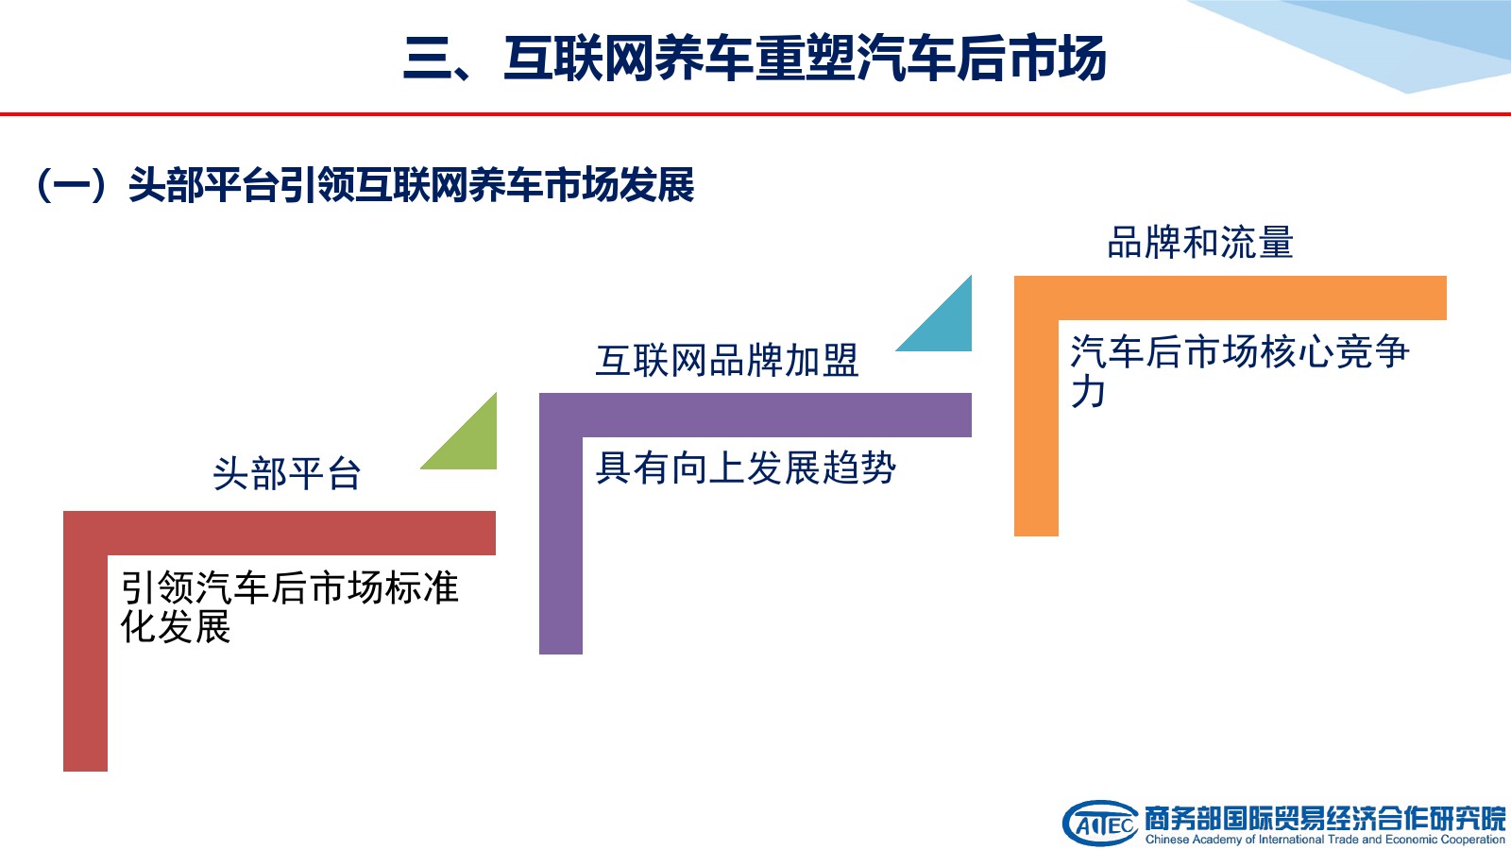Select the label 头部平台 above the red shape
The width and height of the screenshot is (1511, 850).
tap(287, 473)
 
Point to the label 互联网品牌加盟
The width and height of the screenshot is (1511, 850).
tap(727, 360)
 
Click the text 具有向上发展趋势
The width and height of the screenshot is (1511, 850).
tap(745, 467)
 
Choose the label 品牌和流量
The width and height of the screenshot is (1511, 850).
tap(1200, 243)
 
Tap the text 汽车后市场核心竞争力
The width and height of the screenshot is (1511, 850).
tap(1240, 371)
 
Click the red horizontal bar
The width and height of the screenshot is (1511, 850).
tap(280, 533)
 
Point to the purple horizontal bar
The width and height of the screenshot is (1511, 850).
tap(755, 415)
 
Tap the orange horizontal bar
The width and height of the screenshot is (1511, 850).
tap(1231, 297)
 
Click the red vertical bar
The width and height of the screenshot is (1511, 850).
tap(85, 663)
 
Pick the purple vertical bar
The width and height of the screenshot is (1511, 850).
tap(561, 545)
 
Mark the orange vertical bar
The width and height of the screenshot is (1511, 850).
tap(1036, 428)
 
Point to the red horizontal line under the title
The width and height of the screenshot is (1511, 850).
tap(755, 114)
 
